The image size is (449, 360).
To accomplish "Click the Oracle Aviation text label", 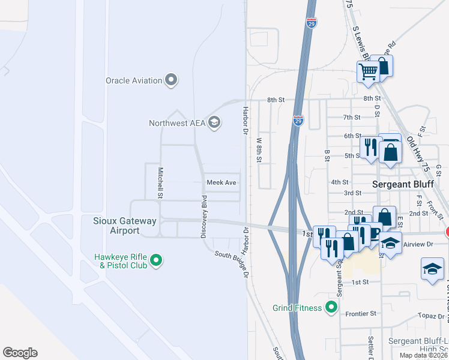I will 134,80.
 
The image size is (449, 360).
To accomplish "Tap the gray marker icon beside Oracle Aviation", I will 171,80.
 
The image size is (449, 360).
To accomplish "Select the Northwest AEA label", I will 177,124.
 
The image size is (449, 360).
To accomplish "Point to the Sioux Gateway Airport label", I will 124,226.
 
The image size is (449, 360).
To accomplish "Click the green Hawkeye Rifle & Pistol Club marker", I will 156,260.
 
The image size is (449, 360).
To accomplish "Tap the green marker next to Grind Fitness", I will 330,308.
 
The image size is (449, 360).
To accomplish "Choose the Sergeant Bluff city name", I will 406,184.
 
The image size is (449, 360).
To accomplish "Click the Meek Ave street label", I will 221,182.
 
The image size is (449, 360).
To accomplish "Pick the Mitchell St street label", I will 160,182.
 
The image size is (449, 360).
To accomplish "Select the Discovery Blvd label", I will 204,216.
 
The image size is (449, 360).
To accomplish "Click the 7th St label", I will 351,117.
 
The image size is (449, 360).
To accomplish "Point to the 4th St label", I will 340,182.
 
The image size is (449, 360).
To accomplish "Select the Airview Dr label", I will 420,244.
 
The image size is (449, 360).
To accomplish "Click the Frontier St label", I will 360,313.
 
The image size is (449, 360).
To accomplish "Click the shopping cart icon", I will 368,72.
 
